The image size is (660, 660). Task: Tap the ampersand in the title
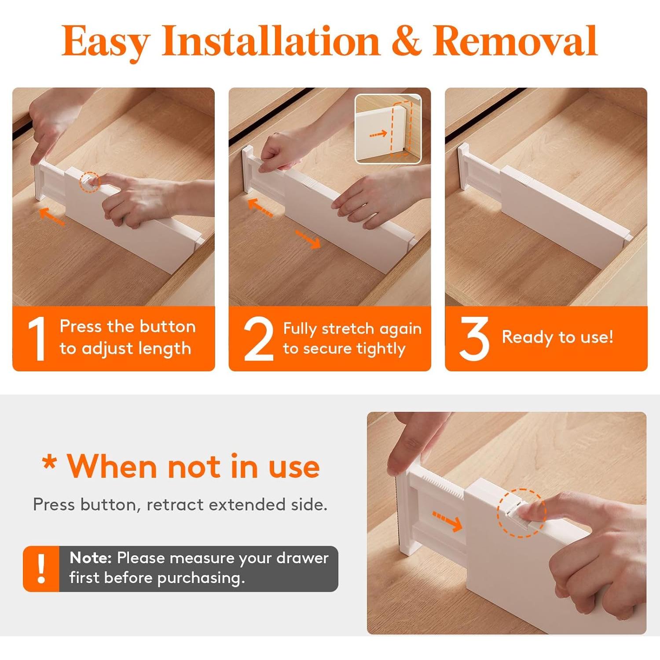click(406, 41)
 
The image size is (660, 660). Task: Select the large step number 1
click(37, 339)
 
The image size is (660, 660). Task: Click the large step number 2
click(259, 339)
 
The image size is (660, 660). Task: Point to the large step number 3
click(474, 339)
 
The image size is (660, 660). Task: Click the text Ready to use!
click(557, 337)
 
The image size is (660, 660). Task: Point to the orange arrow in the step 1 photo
click(52, 216)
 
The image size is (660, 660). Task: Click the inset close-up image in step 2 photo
click(388, 128)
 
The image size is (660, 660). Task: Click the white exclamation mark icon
click(41, 568)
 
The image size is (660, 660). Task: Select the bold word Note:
click(91, 558)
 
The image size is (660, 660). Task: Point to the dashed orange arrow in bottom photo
click(447, 521)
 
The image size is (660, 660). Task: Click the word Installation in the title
click(271, 41)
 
